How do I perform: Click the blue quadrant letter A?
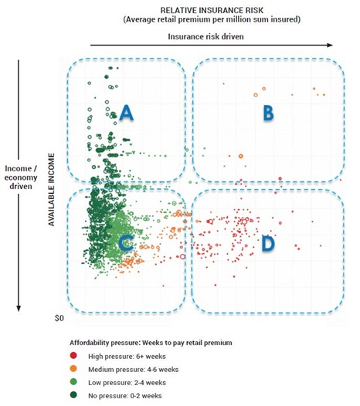point(126,113)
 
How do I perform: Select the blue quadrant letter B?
point(269,113)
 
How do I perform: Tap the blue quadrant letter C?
point(126,243)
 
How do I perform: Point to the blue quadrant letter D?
point(268,243)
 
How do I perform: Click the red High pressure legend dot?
point(73,356)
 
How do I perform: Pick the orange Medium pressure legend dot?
point(73,368)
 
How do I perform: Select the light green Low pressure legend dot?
point(73,381)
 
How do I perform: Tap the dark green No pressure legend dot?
point(73,395)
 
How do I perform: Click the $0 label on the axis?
point(59,318)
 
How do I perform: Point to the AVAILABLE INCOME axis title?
point(52,190)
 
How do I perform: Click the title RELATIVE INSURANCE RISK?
point(212,10)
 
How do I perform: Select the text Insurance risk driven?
point(205,36)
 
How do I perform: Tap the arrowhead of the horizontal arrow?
point(330,45)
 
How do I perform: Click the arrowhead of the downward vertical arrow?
point(19,309)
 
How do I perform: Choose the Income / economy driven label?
point(21,178)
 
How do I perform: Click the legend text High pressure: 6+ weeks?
point(127,357)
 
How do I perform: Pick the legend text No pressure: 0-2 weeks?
point(125,396)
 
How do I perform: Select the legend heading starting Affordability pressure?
point(151,343)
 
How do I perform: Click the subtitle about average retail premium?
point(212,19)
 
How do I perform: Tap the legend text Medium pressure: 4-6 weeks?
point(133,370)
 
